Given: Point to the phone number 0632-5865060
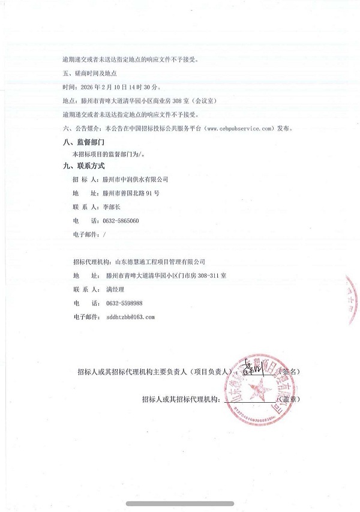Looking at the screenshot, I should coord(121,221).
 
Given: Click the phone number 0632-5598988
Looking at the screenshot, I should coord(124,303).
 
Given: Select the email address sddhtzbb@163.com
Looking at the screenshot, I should coord(130,316).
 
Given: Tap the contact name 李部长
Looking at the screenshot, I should coord(112,207).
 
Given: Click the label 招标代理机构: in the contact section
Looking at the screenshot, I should coord(92,262).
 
